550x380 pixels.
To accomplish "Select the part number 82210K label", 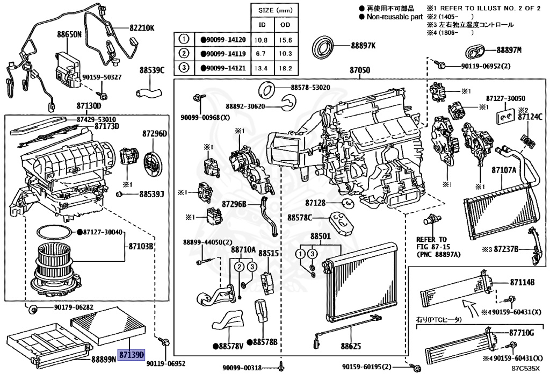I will coord(141,28).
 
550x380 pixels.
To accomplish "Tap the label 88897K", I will coord(364,46).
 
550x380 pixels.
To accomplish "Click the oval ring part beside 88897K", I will coord(324,45).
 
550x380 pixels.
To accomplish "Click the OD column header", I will coord(285,25).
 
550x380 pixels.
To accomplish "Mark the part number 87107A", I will coord(504,170).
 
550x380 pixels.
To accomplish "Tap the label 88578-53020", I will coord(310,87).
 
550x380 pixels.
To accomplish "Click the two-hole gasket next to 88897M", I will coord(475,52).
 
